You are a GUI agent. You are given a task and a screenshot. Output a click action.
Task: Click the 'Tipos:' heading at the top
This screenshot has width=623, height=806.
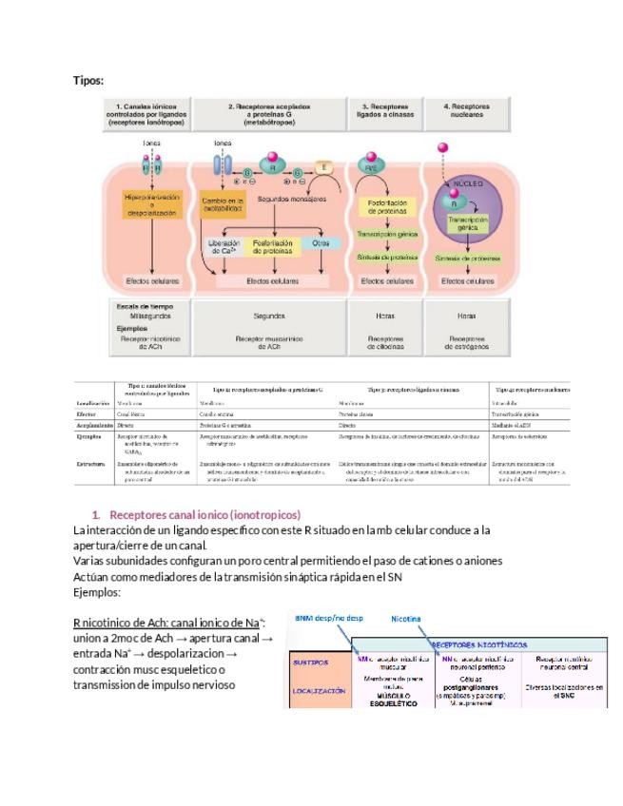[x=88, y=81]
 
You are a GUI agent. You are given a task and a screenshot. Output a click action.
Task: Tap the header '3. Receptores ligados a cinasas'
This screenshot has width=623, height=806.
[x=386, y=112]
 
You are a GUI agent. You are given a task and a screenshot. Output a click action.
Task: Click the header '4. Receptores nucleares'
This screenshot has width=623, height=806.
[x=466, y=112]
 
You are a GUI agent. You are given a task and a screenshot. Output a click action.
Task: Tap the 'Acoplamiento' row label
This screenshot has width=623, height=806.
[x=95, y=427]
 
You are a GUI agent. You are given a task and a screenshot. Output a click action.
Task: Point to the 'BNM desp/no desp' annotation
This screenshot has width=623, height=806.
[x=328, y=617]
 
